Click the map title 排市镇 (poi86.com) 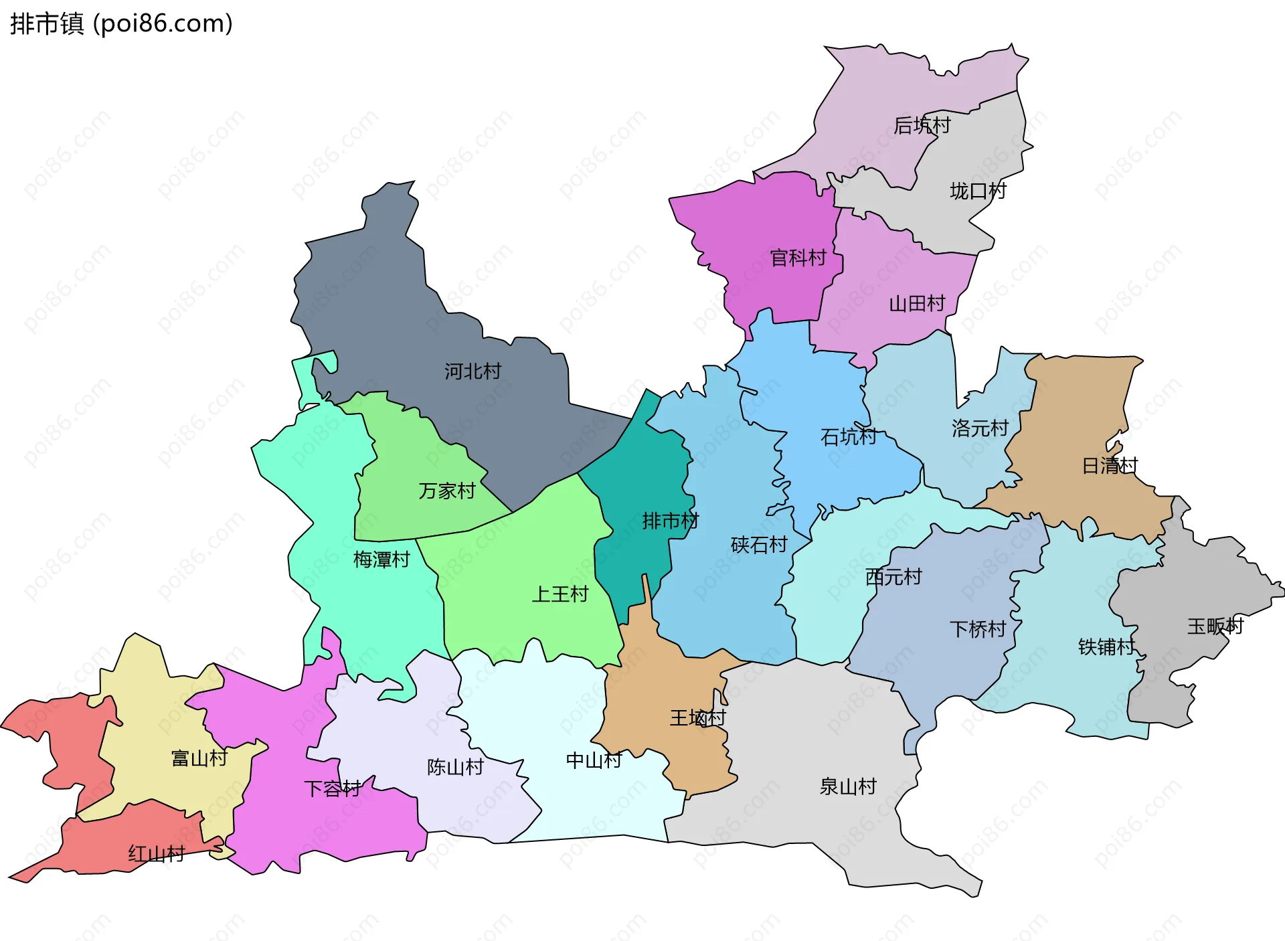point(121,23)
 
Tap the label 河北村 point(473,371)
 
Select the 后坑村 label point(922,125)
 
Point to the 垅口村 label point(978,191)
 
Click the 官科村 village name point(798,258)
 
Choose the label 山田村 point(917,304)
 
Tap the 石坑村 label point(849,437)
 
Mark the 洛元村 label point(980,428)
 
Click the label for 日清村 point(1110,465)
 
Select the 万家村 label point(446,491)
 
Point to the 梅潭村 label point(381,560)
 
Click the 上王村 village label point(560,594)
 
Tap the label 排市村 point(670,521)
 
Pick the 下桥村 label point(978,629)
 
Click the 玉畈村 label point(1215,626)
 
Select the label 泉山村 point(848,786)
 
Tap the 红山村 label point(156,854)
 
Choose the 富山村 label point(199,758)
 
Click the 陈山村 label point(455,767)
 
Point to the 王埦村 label point(697,718)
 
